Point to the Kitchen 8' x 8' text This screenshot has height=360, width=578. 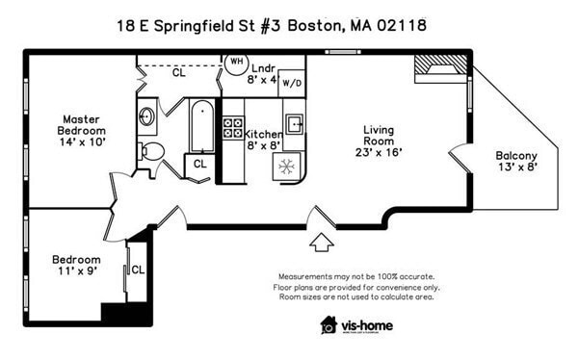[263, 141]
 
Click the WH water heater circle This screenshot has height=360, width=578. [235, 63]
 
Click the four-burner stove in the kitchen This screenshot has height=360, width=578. [233, 129]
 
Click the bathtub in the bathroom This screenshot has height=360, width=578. [202, 125]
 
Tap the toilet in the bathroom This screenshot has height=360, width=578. [151, 151]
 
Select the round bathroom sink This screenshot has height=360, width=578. [146, 117]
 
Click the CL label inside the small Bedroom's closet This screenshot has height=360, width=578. [137, 270]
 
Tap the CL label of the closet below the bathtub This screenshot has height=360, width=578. [199, 164]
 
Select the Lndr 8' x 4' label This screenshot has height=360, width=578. [262, 74]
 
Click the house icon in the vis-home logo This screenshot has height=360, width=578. [328, 324]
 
